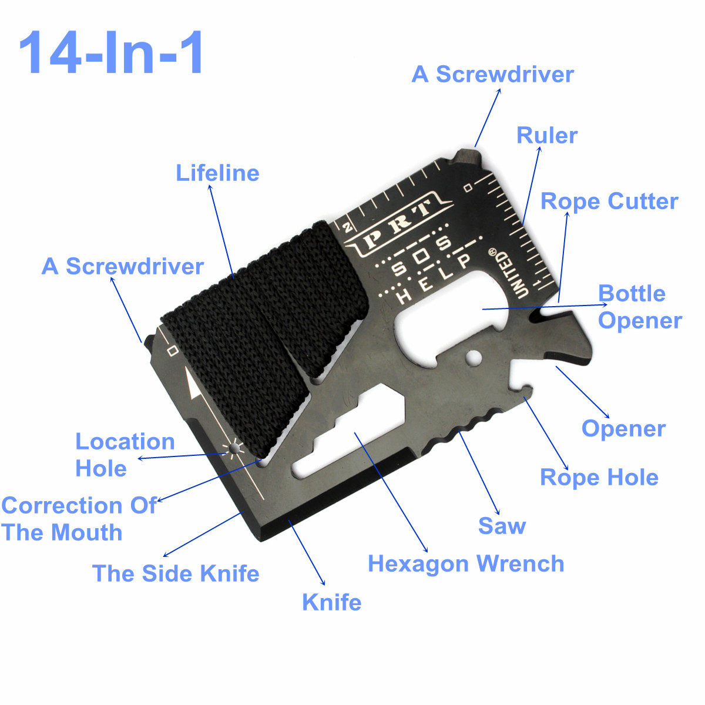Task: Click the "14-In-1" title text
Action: coord(112,53)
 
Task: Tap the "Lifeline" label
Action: coord(217,173)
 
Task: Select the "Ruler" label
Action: coord(546,136)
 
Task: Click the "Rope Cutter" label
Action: coord(609,202)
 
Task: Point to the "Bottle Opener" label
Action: coord(639,307)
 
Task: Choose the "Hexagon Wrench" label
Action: coord(466,564)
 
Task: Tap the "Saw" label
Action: coord(502,526)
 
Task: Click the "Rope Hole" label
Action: coord(599,478)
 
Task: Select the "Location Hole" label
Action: coord(125,455)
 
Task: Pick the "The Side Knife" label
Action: coord(176,574)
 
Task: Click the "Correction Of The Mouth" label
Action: coord(78,519)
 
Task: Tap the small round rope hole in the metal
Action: coord(472,357)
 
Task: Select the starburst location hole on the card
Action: coord(234,449)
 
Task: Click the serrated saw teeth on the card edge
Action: coord(464,428)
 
